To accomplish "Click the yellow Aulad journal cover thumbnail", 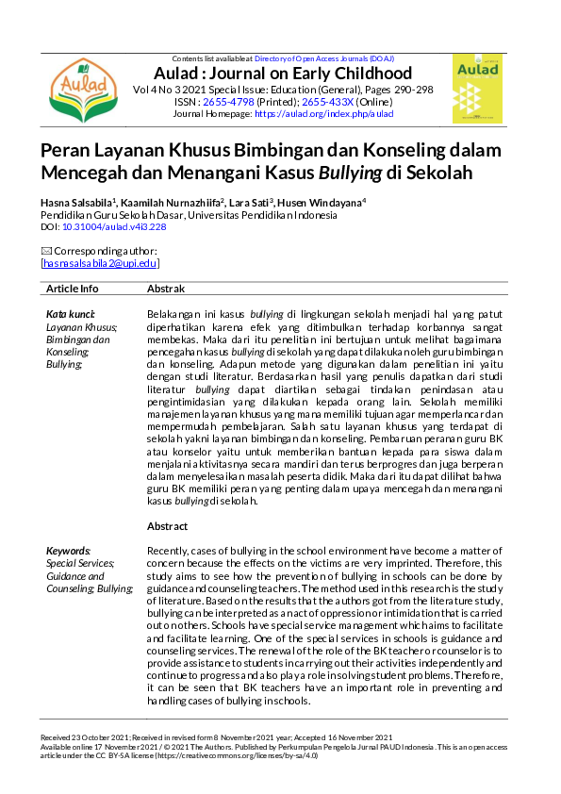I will pos(476,91).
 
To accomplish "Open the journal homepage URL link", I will pos(323,113).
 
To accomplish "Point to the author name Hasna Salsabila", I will pos(75,203).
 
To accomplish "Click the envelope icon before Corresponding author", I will pos(46,251).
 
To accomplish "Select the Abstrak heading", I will pos(166,289).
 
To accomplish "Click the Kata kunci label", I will pos(70,313).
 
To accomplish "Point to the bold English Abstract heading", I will pos(168,525).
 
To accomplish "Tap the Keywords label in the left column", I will pos(69,551).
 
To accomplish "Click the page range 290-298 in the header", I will pos(412,89).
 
